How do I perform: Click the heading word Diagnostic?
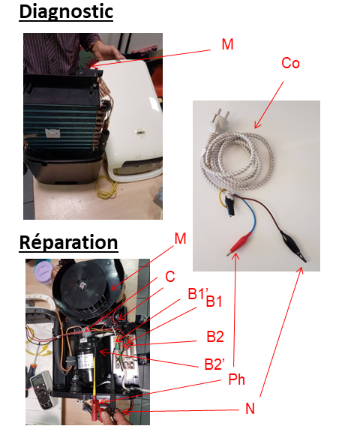pos(66,12)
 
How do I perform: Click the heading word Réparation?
pos(69,243)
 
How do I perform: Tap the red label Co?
pos(290,63)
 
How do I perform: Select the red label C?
pos(170,276)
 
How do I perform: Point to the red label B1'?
pos(198,293)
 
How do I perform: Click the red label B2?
pos(215,337)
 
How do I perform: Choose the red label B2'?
pos(214,364)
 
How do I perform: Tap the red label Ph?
pos(236,379)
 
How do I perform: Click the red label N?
pos(250,409)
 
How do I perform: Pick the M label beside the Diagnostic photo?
pos(228,44)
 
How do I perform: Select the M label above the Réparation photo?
pos(180,238)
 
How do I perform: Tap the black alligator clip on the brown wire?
pos(293,246)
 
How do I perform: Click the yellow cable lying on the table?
pos(106,187)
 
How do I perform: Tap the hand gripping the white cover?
pos(107,52)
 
